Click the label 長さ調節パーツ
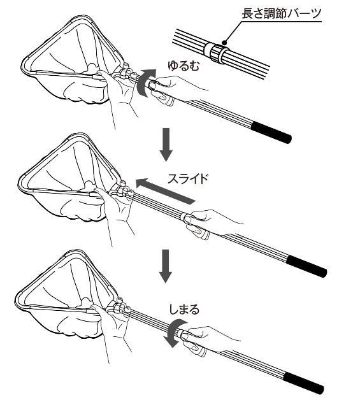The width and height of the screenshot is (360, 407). [x=282, y=13]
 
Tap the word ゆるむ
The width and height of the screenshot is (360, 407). [x=184, y=66]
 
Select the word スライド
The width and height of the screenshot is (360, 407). [x=188, y=179]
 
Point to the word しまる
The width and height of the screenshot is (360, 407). [x=184, y=310]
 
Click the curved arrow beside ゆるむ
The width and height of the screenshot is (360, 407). [x=141, y=83]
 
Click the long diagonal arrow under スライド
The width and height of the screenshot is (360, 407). [x=165, y=191]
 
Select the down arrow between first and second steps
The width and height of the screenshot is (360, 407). [x=166, y=144]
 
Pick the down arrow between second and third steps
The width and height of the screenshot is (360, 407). [x=166, y=266]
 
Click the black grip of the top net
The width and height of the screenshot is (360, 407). [x=271, y=132]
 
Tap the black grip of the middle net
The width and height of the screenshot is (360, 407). [x=306, y=267]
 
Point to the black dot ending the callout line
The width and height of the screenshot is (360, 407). [x=225, y=42]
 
